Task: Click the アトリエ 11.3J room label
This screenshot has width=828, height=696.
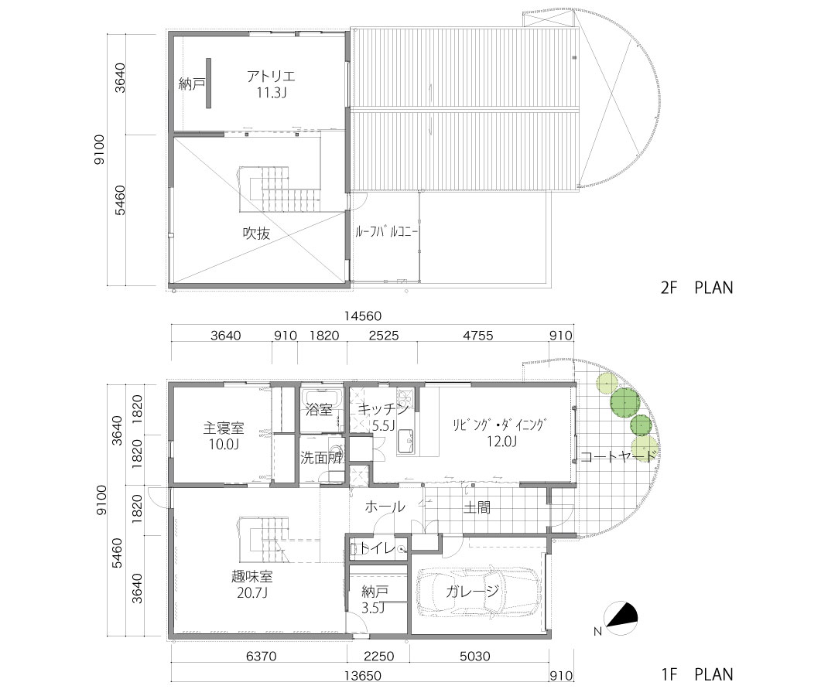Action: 271,84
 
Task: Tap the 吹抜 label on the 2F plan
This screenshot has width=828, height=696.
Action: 256,234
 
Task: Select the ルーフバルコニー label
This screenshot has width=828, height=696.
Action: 387,232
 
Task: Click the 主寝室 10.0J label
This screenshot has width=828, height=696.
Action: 224,435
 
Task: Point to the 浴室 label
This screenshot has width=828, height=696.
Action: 319,409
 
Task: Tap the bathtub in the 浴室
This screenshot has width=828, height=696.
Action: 322,396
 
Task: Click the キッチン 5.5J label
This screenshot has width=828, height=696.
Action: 383,417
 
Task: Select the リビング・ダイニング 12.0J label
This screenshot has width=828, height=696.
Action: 498,433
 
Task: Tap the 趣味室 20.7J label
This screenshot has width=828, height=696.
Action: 252,584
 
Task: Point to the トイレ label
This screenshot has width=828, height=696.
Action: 378,549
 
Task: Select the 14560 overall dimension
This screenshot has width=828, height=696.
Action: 362,316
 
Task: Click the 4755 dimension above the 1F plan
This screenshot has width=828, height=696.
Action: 478,336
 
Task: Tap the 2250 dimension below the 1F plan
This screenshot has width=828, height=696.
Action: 378,656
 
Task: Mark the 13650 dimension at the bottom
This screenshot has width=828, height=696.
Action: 363,676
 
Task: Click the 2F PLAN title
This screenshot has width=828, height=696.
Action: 697,288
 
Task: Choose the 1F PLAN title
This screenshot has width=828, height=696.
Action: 697,674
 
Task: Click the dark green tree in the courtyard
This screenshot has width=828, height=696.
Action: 624,402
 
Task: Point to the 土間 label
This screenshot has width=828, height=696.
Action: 477,507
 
